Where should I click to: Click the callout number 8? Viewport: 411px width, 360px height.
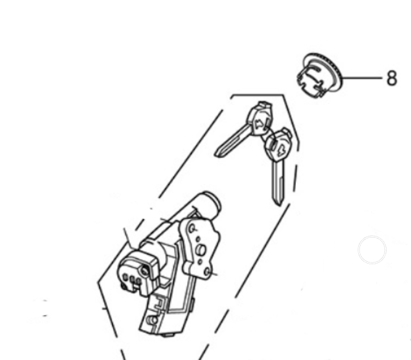[392, 78]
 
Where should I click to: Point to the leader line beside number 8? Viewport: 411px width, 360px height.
[363, 78]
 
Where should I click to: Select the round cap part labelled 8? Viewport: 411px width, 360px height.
[319, 75]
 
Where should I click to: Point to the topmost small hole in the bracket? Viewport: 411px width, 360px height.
[193, 228]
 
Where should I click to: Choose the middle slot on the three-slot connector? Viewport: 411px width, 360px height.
[130, 279]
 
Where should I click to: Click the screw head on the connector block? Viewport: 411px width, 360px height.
[146, 272]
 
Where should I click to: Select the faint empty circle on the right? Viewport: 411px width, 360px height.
[372, 249]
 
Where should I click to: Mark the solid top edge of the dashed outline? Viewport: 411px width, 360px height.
[258, 95]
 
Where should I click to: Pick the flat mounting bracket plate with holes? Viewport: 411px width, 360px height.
[198, 247]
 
